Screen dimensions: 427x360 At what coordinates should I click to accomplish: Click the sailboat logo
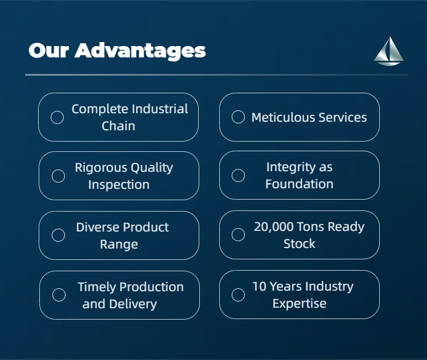(389, 51)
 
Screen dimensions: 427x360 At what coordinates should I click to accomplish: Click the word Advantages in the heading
(140, 51)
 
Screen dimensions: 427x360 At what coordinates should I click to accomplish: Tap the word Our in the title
(48, 51)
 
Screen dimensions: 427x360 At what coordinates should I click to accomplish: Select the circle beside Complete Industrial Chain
(57, 117)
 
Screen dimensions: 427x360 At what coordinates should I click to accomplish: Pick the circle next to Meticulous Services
(239, 117)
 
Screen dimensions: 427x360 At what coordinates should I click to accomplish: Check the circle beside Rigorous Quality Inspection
(58, 176)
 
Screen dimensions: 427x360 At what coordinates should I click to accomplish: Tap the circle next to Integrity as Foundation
(239, 175)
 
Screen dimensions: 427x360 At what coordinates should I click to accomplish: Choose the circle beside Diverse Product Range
(58, 235)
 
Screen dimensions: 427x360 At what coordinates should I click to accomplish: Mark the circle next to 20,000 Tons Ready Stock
(239, 234)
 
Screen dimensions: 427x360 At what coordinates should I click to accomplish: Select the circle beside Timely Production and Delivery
(59, 295)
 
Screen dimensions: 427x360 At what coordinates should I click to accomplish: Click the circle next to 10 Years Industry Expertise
(239, 295)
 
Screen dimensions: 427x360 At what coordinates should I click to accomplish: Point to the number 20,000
(274, 227)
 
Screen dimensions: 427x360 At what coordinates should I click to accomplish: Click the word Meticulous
(283, 117)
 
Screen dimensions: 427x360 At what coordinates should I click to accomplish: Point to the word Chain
(118, 126)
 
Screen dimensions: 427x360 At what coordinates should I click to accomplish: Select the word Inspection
(119, 185)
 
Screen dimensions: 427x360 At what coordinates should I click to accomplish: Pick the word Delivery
(133, 304)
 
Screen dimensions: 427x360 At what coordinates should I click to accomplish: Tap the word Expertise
(299, 304)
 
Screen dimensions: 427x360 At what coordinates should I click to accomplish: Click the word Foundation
(299, 184)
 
